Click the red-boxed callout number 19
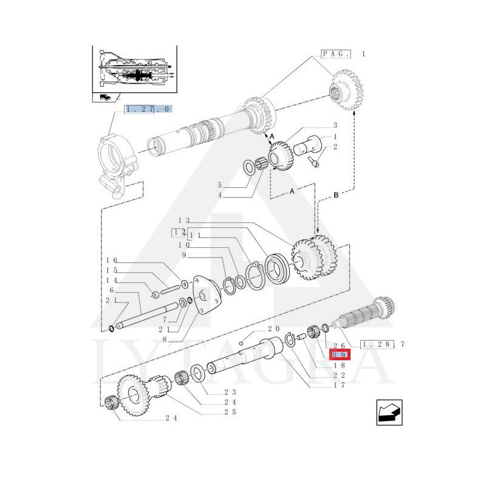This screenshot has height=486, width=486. click(340, 355)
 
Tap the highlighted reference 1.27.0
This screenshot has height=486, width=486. click(148, 109)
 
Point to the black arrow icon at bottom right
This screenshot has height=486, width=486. click(389, 412)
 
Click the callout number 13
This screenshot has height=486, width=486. click(184, 221)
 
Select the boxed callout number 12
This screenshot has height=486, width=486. click(179, 233)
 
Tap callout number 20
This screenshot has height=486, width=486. click(274, 329)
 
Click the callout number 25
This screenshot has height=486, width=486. click(230, 412)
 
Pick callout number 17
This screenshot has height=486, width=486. click(339, 385)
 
